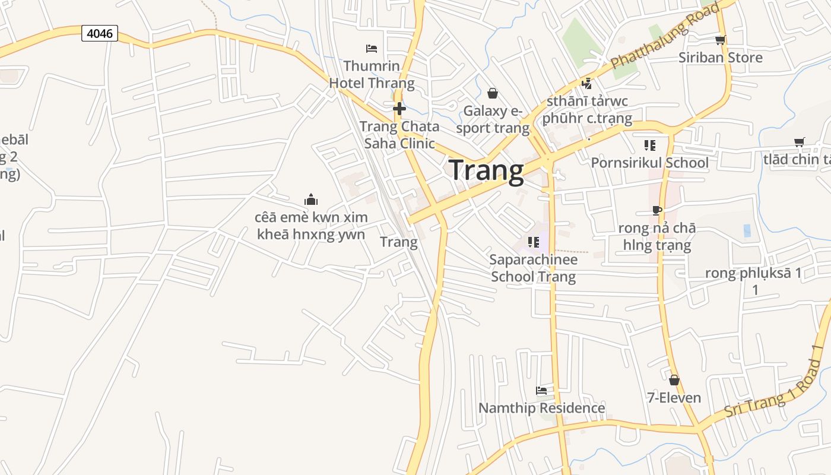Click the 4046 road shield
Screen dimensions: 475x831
[100, 33]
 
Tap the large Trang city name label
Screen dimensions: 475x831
[486, 170]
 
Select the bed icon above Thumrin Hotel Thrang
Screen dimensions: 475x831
[372, 48]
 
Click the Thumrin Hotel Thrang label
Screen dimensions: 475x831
[372, 74]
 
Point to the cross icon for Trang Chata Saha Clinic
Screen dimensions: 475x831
[399, 109]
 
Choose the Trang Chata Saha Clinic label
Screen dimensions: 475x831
[399, 135]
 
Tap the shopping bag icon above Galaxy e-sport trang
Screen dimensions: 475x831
[492, 93]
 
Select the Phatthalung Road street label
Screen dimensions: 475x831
[665, 35]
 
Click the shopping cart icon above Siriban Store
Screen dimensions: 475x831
[720, 40]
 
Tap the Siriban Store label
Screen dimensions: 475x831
[720, 58]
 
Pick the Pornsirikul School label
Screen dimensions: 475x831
[649, 163]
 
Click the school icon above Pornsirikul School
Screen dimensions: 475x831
[649, 145]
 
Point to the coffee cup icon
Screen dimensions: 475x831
[656, 210]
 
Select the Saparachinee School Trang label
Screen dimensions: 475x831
[533, 268]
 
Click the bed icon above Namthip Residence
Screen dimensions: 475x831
[541, 391]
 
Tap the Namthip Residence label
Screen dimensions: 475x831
[541, 408]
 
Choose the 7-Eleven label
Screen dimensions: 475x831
[674, 398]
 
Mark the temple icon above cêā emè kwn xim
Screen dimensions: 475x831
[311, 199]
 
